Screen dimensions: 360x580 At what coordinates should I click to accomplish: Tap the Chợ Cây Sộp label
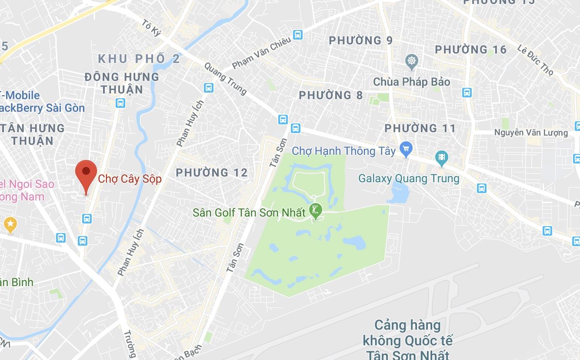(x=130, y=179)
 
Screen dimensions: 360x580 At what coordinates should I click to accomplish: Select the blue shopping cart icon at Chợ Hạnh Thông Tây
(x=406, y=149)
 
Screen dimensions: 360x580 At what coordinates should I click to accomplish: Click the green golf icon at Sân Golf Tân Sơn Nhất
(x=315, y=211)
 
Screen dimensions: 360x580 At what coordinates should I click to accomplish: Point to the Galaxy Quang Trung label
(x=409, y=179)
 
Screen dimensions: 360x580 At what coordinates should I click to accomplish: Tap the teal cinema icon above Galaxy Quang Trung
(x=442, y=157)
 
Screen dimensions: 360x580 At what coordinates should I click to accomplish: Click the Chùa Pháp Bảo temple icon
(x=411, y=62)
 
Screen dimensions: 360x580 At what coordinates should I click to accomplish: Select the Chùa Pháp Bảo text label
(x=411, y=82)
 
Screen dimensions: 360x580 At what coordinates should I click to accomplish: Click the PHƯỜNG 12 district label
(x=212, y=173)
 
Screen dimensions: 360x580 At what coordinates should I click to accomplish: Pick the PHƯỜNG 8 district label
(x=330, y=95)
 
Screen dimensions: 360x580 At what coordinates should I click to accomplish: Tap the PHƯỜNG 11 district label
(x=420, y=128)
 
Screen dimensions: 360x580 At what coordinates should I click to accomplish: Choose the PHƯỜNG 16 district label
(x=471, y=50)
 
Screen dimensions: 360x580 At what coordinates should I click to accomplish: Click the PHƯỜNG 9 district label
(x=360, y=41)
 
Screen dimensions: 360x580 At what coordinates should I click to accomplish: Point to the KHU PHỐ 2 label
(x=139, y=59)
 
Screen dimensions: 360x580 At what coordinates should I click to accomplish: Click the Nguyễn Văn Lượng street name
(x=531, y=133)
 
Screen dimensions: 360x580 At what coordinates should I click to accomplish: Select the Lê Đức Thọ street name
(x=535, y=60)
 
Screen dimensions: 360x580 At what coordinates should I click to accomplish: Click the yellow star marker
(x=10, y=224)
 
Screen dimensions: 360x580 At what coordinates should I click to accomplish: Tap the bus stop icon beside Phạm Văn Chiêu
(x=297, y=34)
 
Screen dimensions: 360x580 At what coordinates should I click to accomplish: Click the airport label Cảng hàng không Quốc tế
(x=408, y=339)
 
